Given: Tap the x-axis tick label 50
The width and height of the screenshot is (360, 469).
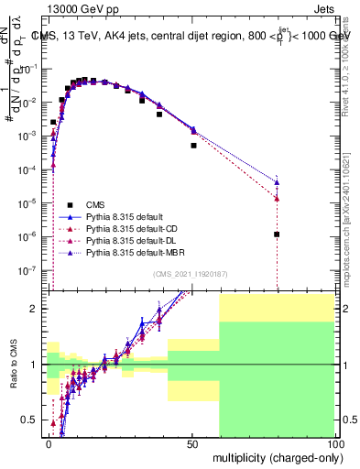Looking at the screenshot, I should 192,443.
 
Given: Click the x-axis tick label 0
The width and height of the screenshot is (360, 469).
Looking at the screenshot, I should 49,443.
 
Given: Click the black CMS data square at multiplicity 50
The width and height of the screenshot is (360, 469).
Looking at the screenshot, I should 193,145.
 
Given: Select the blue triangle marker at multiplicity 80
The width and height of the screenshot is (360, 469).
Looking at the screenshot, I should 277,181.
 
